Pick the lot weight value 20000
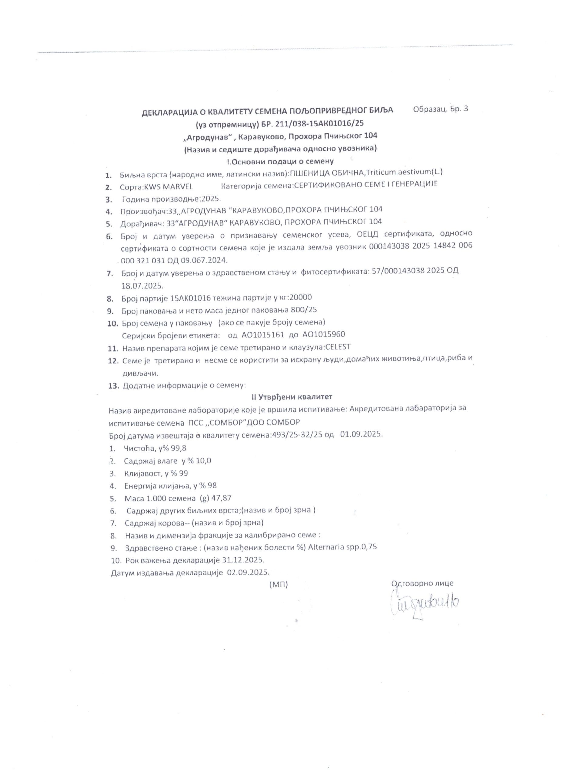tap(300, 297)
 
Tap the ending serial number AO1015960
tap(324, 334)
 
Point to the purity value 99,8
tap(179, 448)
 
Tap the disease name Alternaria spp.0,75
tap(342, 547)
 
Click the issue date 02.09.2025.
tap(248, 573)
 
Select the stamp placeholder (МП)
tap(279, 585)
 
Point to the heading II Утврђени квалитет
tap(292, 397)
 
